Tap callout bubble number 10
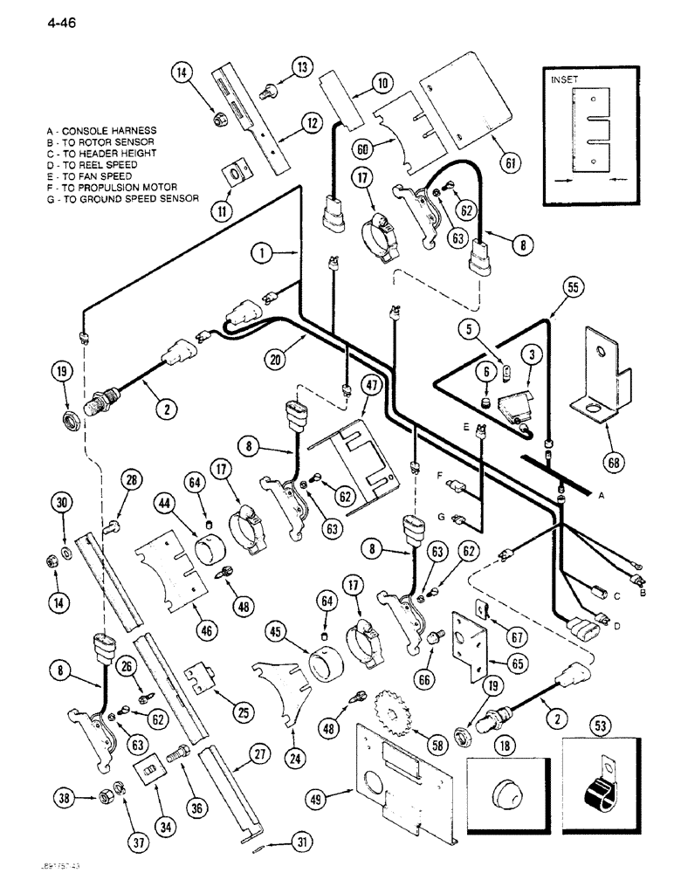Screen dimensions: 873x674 382,84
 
